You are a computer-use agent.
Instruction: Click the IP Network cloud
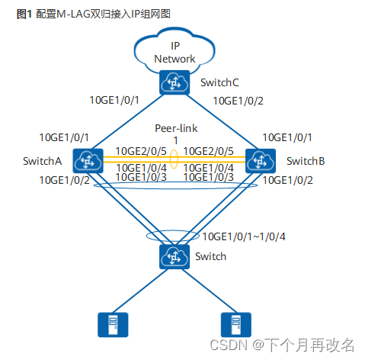174,50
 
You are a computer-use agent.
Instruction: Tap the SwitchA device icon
86,160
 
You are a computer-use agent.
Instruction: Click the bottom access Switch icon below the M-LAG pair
174,256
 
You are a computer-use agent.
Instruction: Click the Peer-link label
174,129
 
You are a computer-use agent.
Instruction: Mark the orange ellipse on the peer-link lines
174,160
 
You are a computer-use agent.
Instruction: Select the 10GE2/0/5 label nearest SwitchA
140,152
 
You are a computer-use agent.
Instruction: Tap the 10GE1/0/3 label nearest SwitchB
209,178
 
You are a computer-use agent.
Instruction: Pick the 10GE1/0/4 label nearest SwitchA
140,168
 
